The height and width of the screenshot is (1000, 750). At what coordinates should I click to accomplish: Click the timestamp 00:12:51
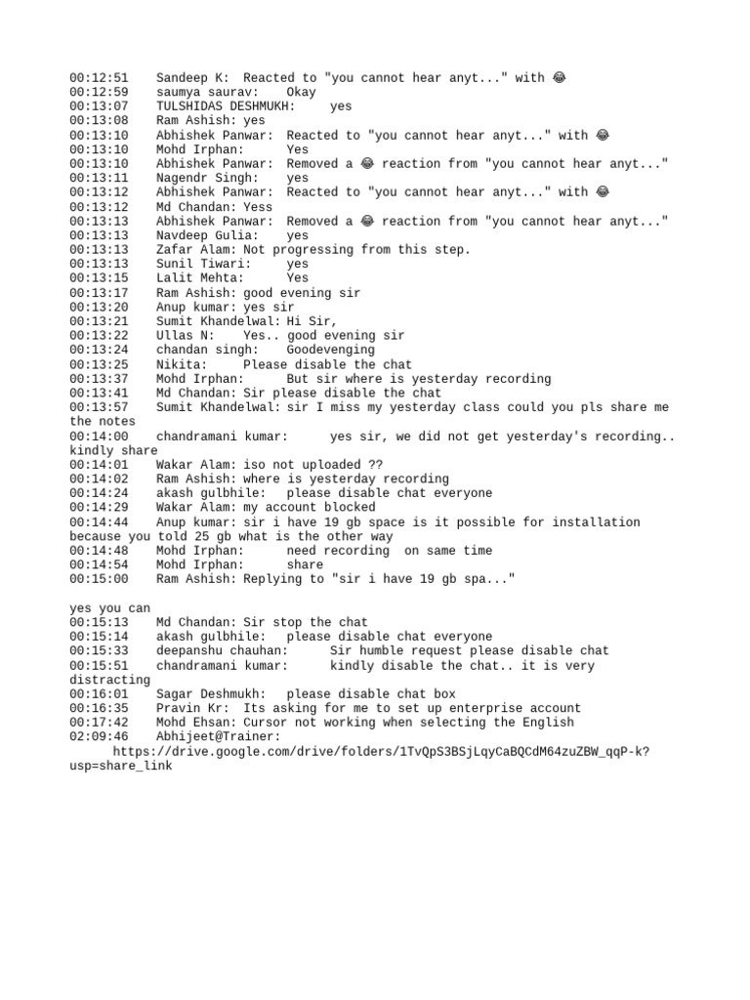tap(99, 77)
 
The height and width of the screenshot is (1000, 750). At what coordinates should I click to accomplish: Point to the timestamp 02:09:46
tap(99, 736)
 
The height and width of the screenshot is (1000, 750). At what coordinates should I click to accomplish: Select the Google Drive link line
tap(382, 751)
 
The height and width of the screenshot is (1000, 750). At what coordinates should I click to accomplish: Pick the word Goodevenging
tap(330, 350)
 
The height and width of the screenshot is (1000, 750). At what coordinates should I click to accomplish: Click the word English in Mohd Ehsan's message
tap(548, 723)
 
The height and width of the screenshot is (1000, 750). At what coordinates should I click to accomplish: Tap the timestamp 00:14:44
tap(99, 522)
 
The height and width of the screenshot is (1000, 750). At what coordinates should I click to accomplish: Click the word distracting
tap(110, 680)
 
